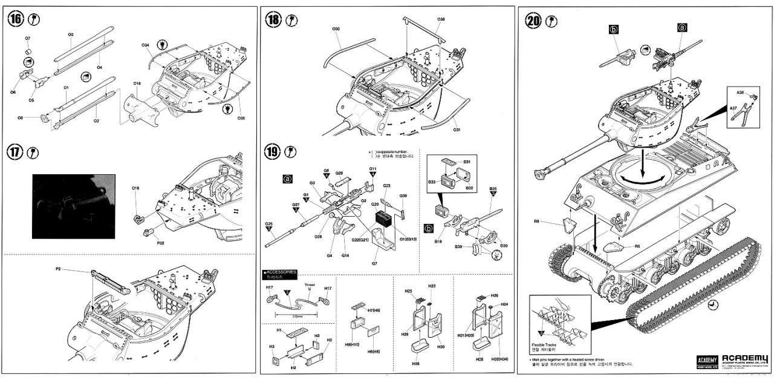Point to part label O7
(28, 39)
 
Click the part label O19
(137, 83)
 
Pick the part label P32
(161, 243)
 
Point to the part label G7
(375, 263)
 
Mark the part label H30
(441, 347)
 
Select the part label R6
(536, 221)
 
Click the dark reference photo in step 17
(73, 206)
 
